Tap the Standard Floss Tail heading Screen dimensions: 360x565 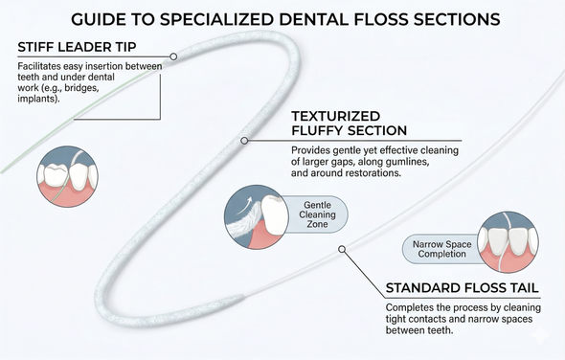pos(463,288)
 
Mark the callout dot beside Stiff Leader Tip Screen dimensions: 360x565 pos(173,56)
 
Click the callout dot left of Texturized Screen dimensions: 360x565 pos(244,140)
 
